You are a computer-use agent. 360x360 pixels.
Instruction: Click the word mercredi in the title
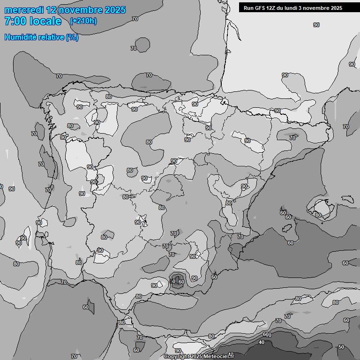[24, 10]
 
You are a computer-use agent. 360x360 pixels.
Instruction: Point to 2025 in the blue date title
[115, 10]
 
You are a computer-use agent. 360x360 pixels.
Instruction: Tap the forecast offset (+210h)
[83, 21]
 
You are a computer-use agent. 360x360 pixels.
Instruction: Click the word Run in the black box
[248, 8]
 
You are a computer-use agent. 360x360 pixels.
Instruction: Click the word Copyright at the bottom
[176, 357]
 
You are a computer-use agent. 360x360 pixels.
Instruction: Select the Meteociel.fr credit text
[218, 357]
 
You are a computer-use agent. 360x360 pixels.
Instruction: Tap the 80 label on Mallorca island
[318, 215]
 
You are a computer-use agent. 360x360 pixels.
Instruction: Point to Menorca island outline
[347, 198]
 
